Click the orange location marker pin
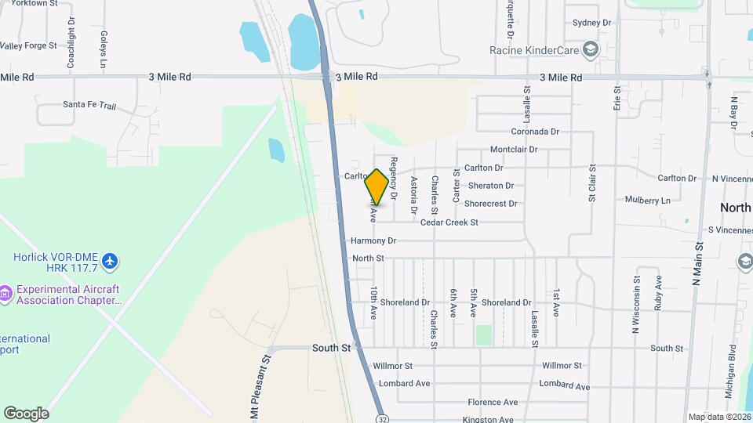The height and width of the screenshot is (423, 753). click(377, 186)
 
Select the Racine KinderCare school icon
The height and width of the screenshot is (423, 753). click(591, 50)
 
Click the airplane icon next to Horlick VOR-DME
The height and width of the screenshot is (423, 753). click(111, 259)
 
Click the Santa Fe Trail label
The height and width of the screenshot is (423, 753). click(89, 104)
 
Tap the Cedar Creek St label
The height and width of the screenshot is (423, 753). click(449, 222)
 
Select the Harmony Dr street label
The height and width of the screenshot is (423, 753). click(373, 240)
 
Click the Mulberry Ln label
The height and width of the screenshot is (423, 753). click(648, 200)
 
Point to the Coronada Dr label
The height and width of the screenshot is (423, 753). click(535, 132)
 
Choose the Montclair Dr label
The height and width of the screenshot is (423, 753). click(514, 149)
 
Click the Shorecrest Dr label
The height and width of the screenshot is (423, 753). click(490, 204)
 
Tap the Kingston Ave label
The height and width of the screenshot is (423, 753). click(489, 419)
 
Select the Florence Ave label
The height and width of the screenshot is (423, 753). click(493, 402)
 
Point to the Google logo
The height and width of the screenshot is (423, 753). click(26, 413)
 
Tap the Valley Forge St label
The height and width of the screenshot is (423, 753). click(29, 45)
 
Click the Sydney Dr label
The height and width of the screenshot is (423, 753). click(591, 23)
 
